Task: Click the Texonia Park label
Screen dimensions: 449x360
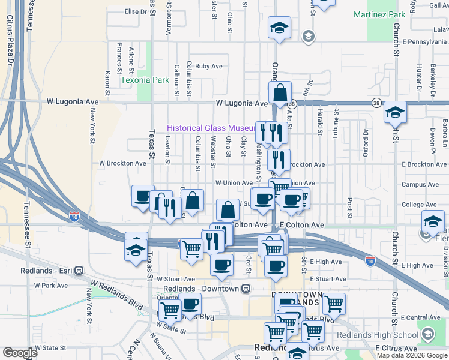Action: pyautogui.click(x=145, y=80)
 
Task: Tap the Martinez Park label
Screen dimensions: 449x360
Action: pyautogui.click(x=379, y=14)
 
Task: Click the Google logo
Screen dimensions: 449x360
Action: pyautogui.click(x=20, y=353)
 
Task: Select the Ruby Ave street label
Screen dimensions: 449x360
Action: pyautogui.click(x=209, y=67)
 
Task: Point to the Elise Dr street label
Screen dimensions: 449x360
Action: pyautogui.click(x=136, y=11)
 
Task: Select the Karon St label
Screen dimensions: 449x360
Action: pyautogui.click(x=108, y=83)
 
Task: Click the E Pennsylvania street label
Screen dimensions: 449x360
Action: pyautogui.click(x=425, y=42)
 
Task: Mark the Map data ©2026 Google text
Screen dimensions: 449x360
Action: pyautogui.click(x=412, y=355)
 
